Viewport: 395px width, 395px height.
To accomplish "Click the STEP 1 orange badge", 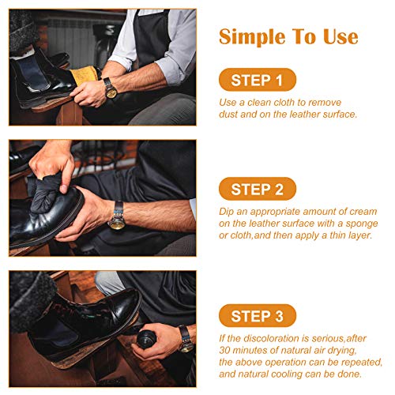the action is pyautogui.click(x=258, y=80).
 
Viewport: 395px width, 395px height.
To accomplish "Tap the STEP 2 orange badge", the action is pyautogui.click(x=258, y=189).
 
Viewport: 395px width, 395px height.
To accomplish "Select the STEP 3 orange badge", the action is pyautogui.click(x=258, y=315).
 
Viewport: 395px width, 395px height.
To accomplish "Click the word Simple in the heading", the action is pyautogui.click(x=252, y=38).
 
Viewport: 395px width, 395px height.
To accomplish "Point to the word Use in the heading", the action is pyautogui.click(x=340, y=36).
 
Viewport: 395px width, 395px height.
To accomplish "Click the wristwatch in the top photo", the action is pyautogui.click(x=111, y=88).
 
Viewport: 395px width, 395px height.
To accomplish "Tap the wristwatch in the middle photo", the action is pyautogui.click(x=118, y=215).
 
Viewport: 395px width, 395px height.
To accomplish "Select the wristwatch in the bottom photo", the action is pyautogui.click(x=186, y=339).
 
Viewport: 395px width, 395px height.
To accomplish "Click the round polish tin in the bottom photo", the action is pyautogui.click(x=146, y=340).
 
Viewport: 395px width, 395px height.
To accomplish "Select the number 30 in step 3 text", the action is pyautogui.click(x=224, y=350).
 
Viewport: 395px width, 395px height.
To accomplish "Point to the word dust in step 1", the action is pyautogui.click(x=228, y=115).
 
